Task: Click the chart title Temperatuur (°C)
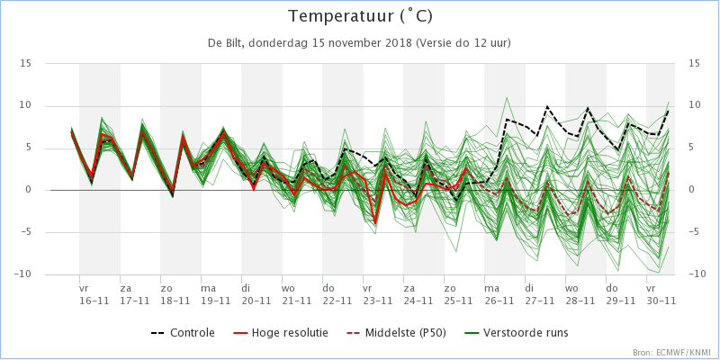click(x=360, y=17)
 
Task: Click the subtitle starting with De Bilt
click(x=360, y=43)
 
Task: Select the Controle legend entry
click(x=183, y=332)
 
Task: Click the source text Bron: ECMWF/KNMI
click(x=674, y=353)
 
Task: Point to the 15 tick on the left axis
click(x=26, y=63)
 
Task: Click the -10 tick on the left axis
click(x=23, y=274)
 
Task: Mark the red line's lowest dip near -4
click(x=375, y=223)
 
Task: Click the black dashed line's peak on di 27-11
click(x=547, y=106)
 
